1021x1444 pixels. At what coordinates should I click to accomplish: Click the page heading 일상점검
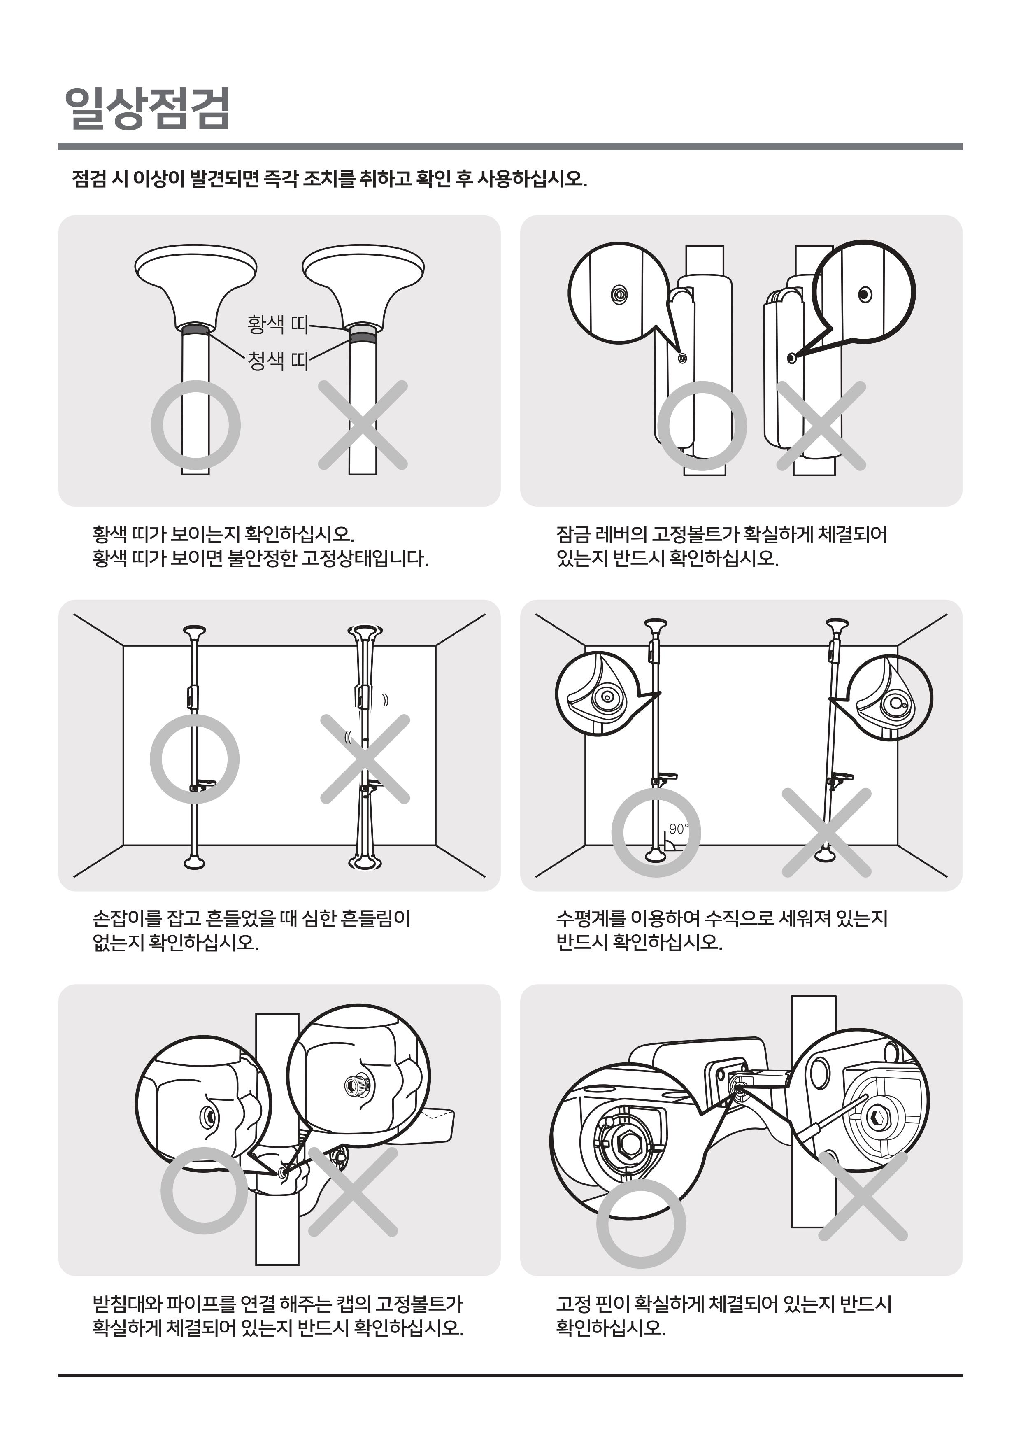click(x=148, y=108)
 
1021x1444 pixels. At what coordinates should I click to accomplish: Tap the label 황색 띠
click(x=277, y=324)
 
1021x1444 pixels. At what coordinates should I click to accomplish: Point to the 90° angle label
click(x=678, y=829)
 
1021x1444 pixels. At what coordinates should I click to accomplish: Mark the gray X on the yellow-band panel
click(x=363, y=425)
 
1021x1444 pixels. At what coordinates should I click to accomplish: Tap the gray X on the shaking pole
click(x=365, y=759)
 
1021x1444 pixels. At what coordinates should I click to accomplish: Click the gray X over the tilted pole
click(x=827, y=833)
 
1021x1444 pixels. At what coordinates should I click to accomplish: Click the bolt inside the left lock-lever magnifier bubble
click(x=620, y=294)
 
